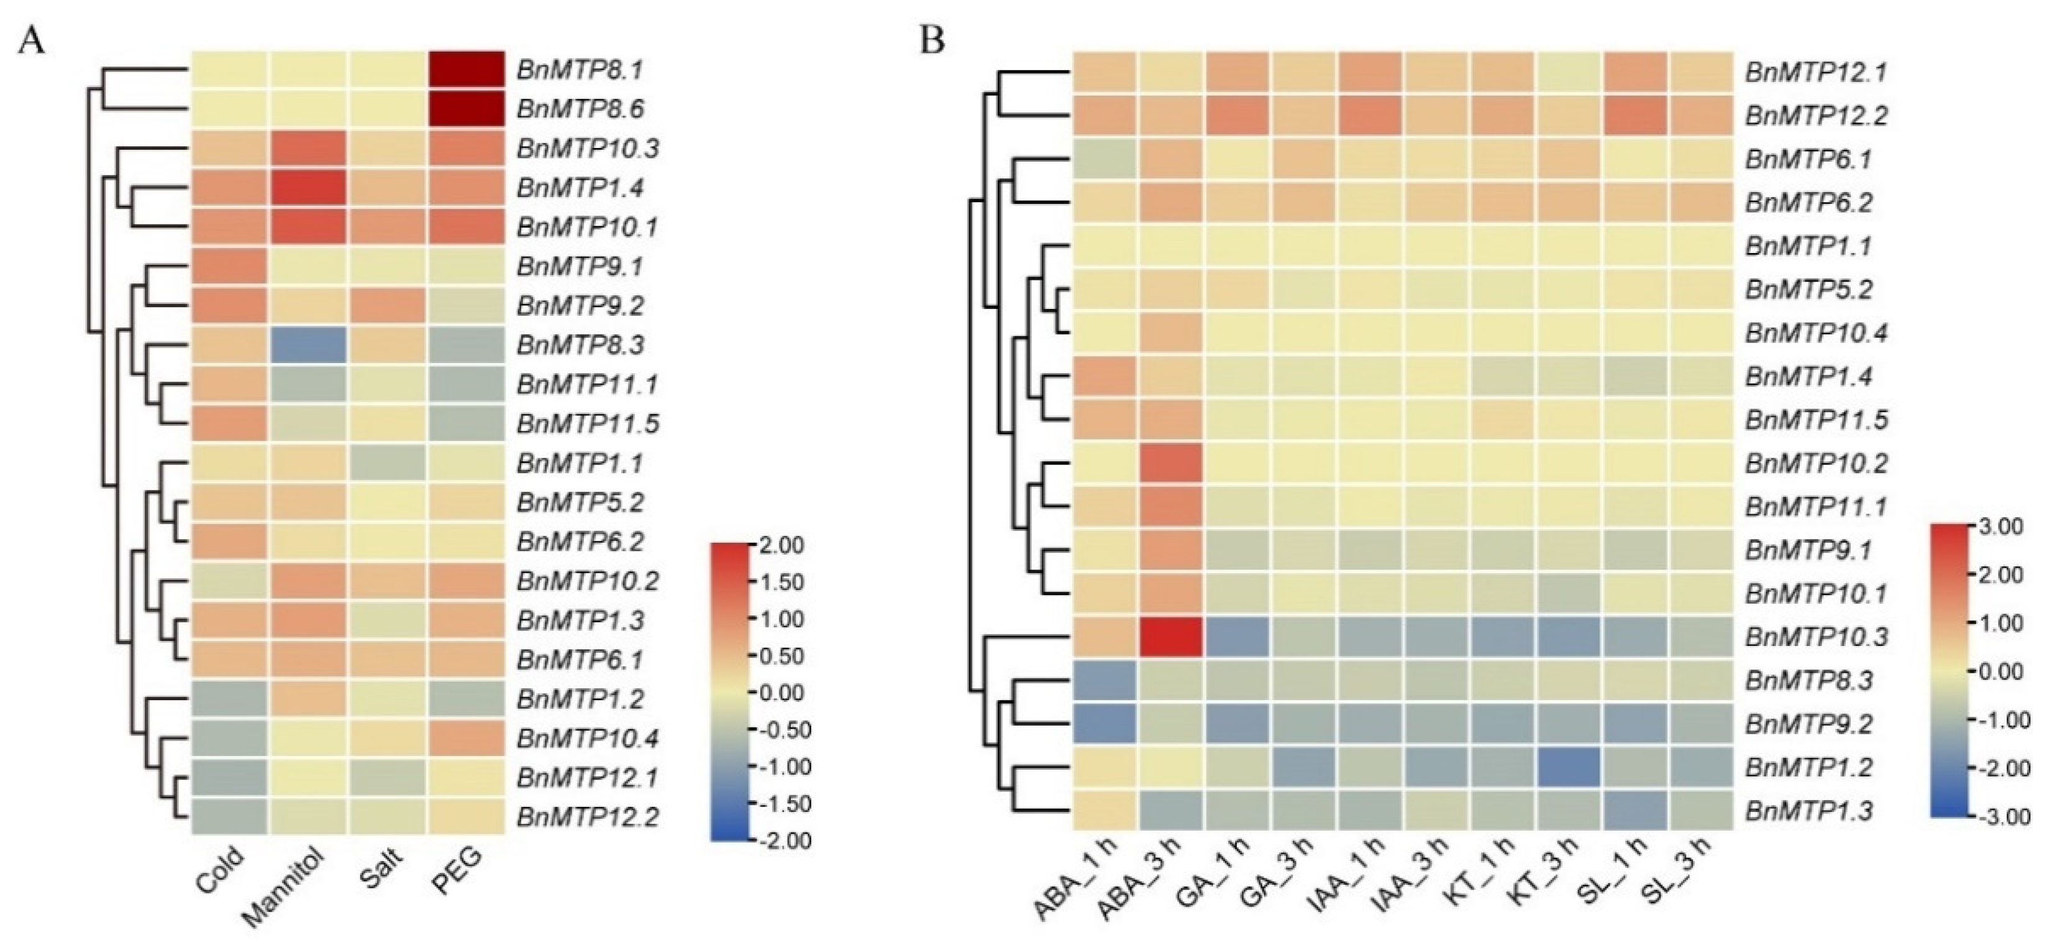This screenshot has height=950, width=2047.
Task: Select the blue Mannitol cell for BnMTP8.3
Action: (308, 344)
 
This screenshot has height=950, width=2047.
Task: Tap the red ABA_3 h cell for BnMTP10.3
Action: (1170, 637)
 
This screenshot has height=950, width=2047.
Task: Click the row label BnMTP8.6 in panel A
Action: (580, 109)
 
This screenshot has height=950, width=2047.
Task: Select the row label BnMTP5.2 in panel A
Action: (580, 502)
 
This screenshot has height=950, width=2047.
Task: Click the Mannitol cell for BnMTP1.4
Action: (308, 188)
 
